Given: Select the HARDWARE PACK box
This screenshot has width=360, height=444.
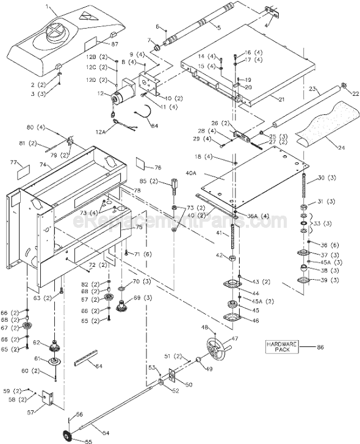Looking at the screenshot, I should tap(281, 347).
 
